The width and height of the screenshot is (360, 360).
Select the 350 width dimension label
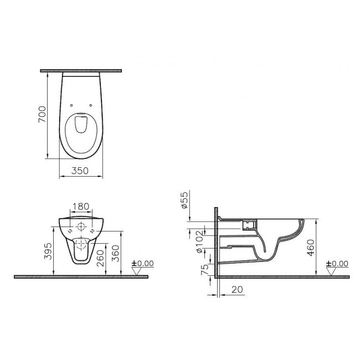click(80, 171)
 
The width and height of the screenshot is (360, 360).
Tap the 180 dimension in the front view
click(81, 207)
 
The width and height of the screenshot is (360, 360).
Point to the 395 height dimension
click(48, 251)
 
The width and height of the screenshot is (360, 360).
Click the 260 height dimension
click(101, 258)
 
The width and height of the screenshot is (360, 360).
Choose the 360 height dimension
click(116, 254)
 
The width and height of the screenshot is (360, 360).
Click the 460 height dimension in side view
click(311, 248)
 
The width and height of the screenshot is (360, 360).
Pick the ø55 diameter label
click(184, 200)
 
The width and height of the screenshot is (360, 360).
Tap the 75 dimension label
click(205, 269)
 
